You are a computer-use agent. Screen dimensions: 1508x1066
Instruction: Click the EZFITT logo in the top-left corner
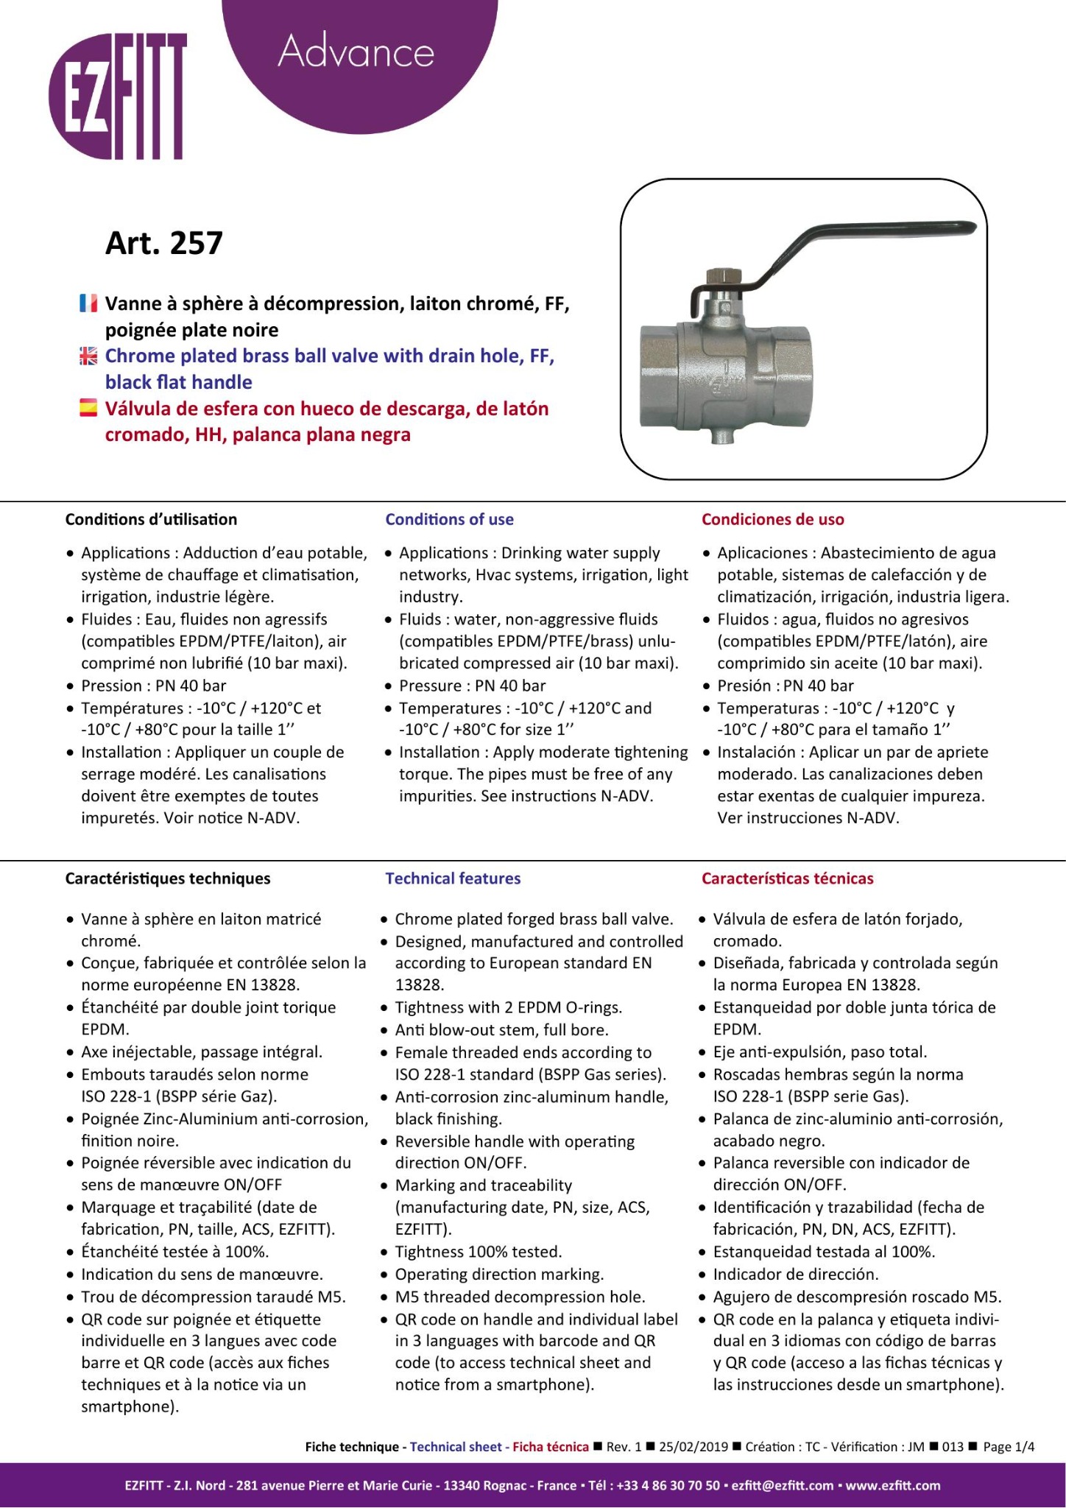tap(118, 96)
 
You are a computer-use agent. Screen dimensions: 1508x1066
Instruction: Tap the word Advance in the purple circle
tap(356, 52)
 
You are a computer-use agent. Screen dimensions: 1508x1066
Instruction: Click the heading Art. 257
tap(163, 243)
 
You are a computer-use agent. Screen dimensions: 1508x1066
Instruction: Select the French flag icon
tap(88, 303)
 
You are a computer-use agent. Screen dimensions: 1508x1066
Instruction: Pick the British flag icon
tap(88, 356)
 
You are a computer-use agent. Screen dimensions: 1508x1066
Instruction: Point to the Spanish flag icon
tap(88, 408)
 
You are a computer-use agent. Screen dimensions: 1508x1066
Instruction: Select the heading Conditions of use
tap(449, 519)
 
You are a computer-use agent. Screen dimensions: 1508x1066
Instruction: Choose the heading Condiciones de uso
tap(772, 519)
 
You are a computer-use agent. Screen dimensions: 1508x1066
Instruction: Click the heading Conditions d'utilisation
tap(151, 519)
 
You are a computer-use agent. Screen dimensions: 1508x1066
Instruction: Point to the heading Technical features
tap(453, 878)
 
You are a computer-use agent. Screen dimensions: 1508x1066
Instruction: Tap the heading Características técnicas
tap(787, 878)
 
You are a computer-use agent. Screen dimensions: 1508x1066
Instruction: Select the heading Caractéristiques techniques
tap(168, 878)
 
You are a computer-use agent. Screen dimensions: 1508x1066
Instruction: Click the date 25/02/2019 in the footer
tap(693, 1447)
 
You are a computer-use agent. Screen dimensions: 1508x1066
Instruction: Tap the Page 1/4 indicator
tap(1009, 1447)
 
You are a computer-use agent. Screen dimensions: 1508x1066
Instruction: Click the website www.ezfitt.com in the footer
tap(893, 1485)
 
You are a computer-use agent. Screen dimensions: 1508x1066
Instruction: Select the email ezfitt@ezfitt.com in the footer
tap(783, 1485)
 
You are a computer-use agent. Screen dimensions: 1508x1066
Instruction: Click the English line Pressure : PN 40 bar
tap(472, 686)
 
